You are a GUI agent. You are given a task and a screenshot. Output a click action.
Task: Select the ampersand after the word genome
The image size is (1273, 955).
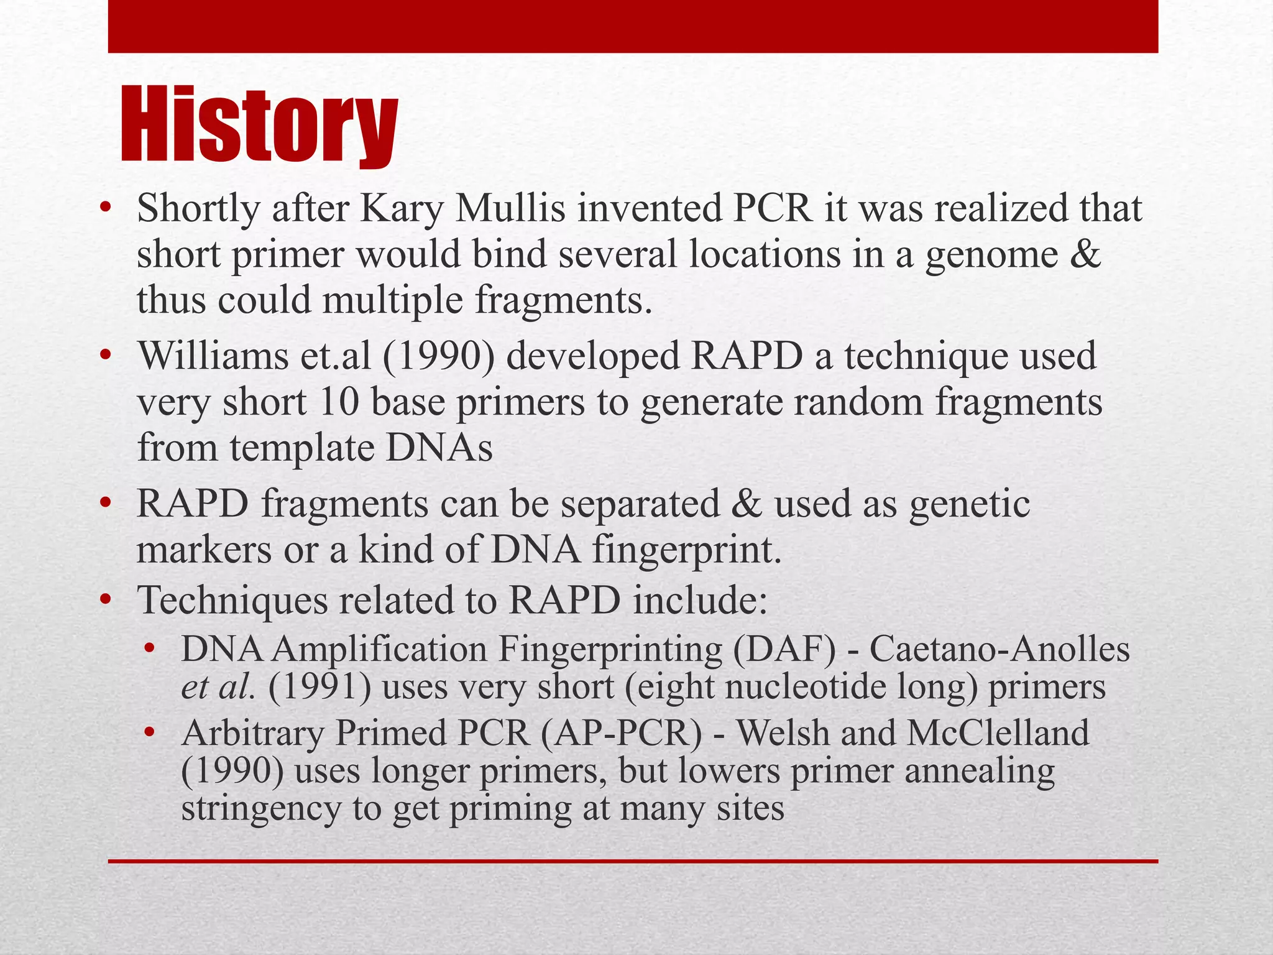coord(1086,254)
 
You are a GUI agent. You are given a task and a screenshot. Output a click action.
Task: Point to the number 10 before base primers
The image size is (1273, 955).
coord(338,402)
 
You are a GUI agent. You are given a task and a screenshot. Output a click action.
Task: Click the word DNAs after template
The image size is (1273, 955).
coord(438,448)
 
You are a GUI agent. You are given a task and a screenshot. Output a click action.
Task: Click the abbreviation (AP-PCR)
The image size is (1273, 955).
coord(621,733)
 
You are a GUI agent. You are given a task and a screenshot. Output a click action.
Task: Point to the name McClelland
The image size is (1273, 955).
coord(997,733)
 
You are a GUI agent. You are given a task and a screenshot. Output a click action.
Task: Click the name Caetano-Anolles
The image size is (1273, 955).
coord(1000,650)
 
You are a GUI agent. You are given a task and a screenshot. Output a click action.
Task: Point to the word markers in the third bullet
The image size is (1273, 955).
coord(204,550)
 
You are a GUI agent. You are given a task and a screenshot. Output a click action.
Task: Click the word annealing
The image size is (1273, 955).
coord(979,771)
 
